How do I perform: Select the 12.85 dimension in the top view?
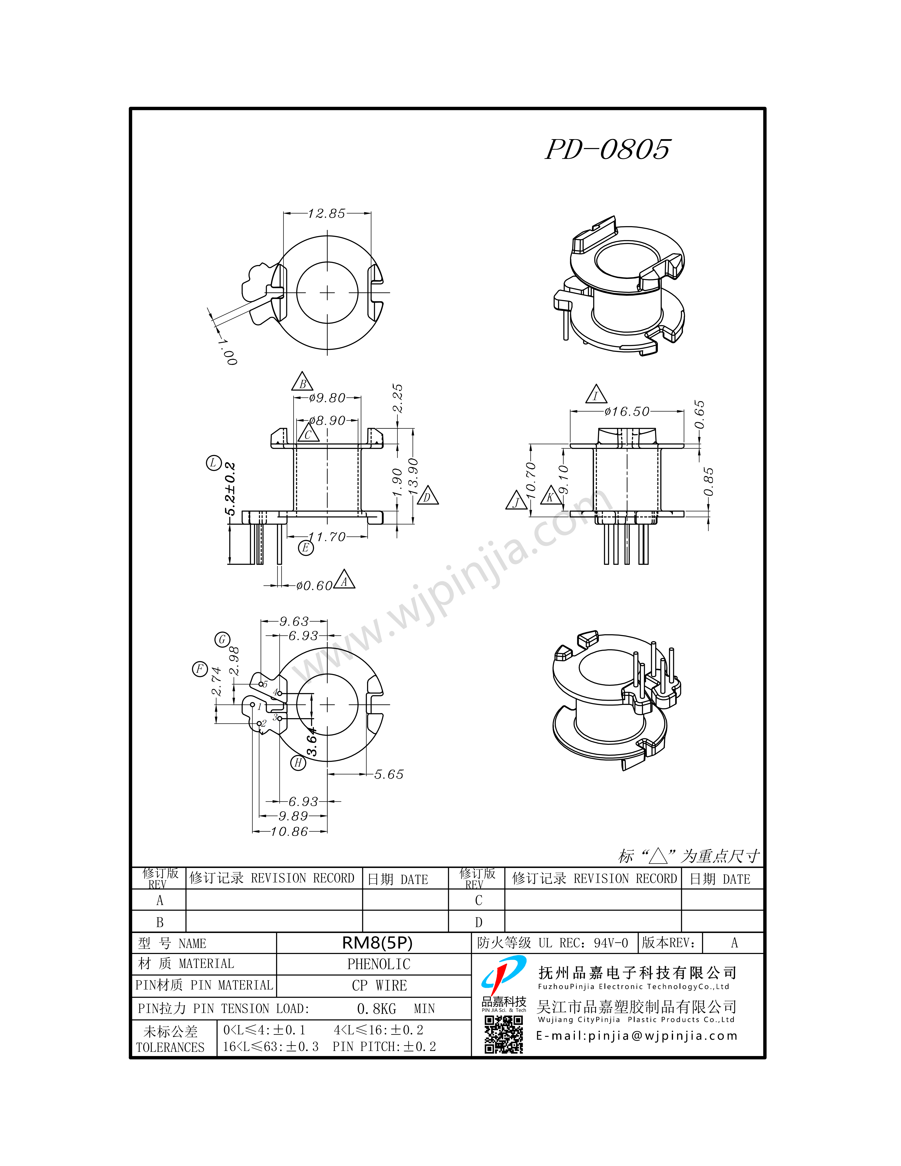pos(327,214)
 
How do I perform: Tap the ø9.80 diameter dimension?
pos(327,398)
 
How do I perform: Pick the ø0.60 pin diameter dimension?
pos(314,586)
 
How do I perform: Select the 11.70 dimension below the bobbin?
pos(327,537)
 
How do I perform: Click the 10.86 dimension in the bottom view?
pos(289,831)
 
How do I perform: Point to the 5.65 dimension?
pos(389,774)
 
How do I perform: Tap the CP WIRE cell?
pos(379,986)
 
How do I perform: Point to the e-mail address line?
pos(636,1036)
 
